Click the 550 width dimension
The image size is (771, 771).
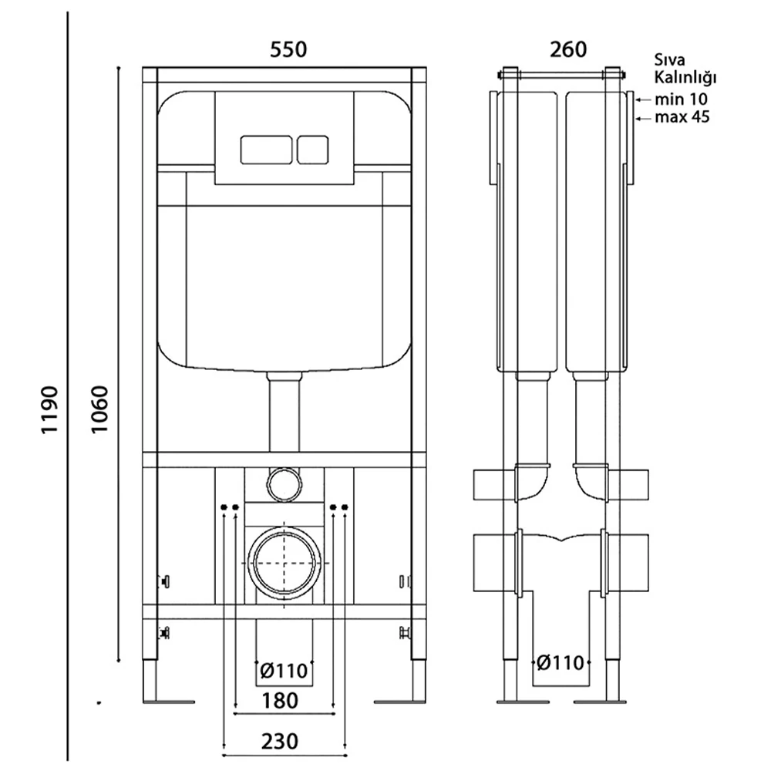coord(288,49)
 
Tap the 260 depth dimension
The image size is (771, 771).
coord(568,49)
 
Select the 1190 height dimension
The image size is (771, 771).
coord(50,411)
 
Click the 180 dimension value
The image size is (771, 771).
coord(279,701)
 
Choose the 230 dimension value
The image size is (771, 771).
coord(279,742)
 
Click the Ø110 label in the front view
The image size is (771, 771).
coord(284,671)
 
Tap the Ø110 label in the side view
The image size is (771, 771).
coord(562,662)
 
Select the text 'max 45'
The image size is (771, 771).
coord(682,118)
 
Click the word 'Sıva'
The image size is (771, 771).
coord(669,60)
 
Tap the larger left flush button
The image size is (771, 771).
coord(265,149)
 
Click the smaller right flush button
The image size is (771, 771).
coord(313,149)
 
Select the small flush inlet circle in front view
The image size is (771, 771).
coord(283,483)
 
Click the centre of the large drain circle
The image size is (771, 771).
coord(284,561)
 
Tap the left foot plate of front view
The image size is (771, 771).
coord(167,701)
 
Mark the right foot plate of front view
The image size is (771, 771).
coord(400,701)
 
